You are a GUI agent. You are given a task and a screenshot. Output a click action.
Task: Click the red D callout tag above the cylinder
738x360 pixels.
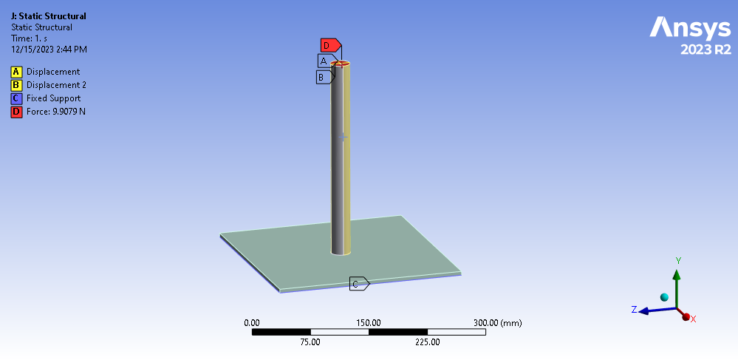(x=328, y=46)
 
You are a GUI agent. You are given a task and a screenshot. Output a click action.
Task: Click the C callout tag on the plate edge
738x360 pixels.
(x=358, y=284)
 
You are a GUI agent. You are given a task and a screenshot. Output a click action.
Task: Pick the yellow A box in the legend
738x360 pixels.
(x=16, y=72)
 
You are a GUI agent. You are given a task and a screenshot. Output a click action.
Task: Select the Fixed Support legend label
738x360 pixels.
(x=54, y=98)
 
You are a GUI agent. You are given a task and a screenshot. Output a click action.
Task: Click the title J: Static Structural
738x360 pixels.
(x=48, y=16)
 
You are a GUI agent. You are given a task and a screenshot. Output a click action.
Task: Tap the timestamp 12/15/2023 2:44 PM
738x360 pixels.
(x=49, y=50)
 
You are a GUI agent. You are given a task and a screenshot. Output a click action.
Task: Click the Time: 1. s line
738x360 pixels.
(x=31, y=38)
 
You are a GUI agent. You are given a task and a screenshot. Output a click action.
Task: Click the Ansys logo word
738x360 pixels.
(x=689, y=28)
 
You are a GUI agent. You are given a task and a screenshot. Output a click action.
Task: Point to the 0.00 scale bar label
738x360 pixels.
(x=252, y=323)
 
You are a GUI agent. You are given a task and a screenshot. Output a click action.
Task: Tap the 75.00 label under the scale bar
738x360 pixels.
(x=310, y=342)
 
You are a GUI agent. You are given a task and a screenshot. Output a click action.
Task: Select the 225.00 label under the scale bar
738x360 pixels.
(x=427, y=342)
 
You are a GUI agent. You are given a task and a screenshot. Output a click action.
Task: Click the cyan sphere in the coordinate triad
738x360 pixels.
(x=664, y=297)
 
